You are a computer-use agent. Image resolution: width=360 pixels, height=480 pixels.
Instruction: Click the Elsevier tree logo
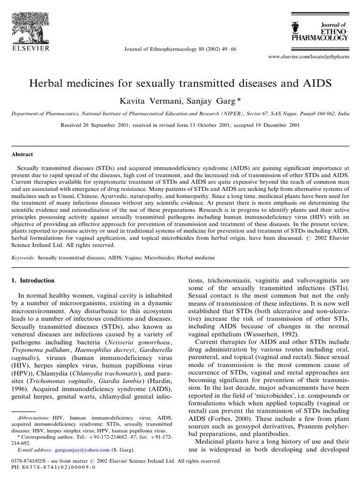(x=31, y=23)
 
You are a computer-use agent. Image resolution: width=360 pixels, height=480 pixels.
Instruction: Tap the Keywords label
(x=23, y=258)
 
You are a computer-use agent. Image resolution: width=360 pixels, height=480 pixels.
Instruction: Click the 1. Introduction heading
(x=32, y=281)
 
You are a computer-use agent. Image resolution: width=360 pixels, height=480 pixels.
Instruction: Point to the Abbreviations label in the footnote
(x=33, y=417)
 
